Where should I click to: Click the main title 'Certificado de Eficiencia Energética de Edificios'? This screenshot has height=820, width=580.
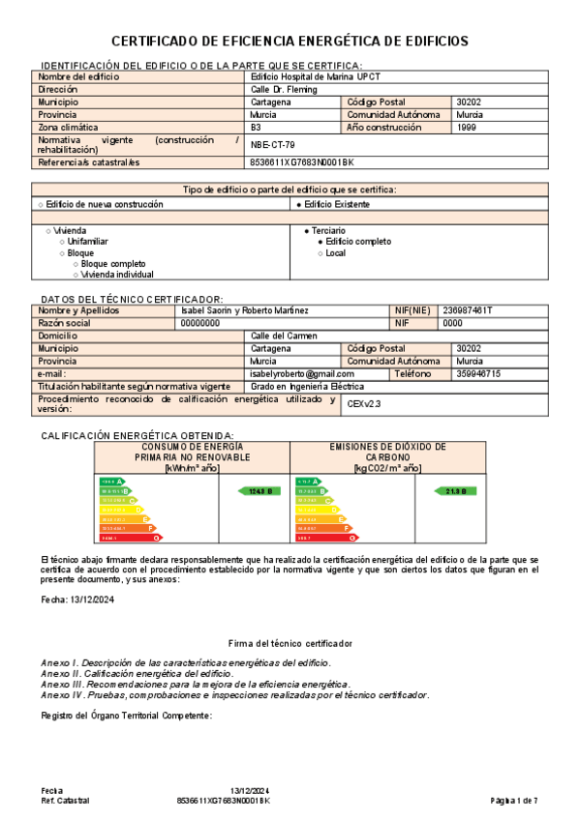pyautogui.click(x=290, y=41)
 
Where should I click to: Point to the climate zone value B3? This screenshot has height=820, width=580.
pyautogui.click(x=256, y=128)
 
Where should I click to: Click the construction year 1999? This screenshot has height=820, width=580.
pyautogui.click(x=466, y=128)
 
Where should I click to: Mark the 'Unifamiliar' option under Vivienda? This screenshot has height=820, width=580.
pyautogui.click(x=88, y=242)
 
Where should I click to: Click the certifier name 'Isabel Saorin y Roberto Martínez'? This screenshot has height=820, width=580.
pyautogui.click(x=245, y=310)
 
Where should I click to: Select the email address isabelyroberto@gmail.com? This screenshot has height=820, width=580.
pyautogui.click(x=302, y=373)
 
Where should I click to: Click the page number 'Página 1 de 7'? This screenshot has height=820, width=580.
pyautogui.click(x=514, y=801)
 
